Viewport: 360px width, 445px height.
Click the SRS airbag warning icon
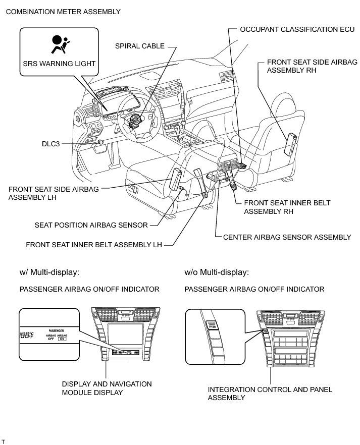[59, 44]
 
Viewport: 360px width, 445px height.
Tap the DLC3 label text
[50, 144]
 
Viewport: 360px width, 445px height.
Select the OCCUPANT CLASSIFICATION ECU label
[297, 29]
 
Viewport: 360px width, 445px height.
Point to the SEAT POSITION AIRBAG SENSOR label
[91, 225]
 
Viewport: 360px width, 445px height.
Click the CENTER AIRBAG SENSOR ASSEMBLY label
[287, 237]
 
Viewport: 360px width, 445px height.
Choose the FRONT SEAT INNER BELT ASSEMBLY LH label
[94, 245]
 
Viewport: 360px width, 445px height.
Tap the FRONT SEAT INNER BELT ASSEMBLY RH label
[287, 207]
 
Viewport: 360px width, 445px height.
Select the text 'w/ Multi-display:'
[49, 272]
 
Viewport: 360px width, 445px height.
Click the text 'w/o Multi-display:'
[217, 272]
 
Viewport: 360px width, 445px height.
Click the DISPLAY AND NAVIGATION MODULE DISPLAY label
[107, 388]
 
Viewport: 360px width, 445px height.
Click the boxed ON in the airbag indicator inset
[63, 339]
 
